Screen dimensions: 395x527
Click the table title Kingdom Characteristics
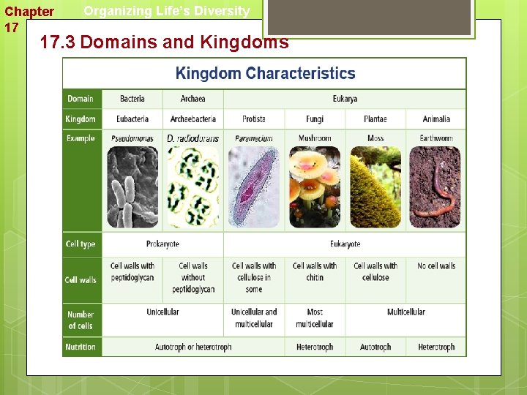click(x=265, y=74)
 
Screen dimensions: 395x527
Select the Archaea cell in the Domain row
click(x=193, y=99)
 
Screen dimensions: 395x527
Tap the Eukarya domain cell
click(x=345, y=99)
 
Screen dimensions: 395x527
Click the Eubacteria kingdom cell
click(x=132, y=119)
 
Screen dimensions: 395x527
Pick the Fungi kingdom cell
click(x=315, y=119)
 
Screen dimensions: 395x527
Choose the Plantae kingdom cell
click(x=375, y=119)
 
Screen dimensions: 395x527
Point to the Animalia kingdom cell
click(x=436, y=119)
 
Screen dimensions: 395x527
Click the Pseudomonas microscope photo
click(x=132, y=187)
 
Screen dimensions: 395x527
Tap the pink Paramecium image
click(x=253, y=187)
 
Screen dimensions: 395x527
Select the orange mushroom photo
click(x=315, y=187)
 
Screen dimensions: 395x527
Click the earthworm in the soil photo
click(x=436, y=187)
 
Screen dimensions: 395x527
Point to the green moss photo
click(x=375, y=187)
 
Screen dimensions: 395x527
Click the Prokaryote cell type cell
click(x=162, y=244)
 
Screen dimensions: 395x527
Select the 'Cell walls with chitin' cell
click(x=315, y=271)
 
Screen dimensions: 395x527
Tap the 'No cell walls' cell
click(x=436, y=266)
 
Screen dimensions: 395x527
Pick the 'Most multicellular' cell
click(x=315, y=318)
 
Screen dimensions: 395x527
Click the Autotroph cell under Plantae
click(x=375, y=347)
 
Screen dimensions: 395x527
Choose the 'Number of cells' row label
click(x=81, y=320)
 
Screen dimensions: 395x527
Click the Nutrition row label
click(x=81, y=347)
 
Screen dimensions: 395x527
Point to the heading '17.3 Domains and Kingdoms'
click(x=164, y=42)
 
